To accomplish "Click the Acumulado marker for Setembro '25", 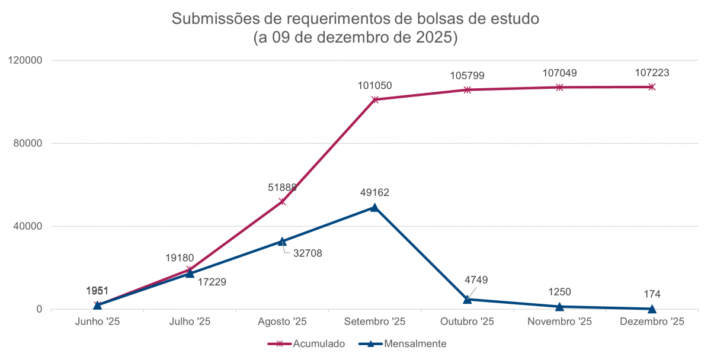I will [x=374, y=99].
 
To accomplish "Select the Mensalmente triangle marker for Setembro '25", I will [x=374, y=207].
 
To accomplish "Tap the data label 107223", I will [x=652, y=73].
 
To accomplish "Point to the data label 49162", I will [x=374, y=192].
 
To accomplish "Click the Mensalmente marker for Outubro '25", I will [x=467, y=300].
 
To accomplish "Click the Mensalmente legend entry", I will [x=408, y=343].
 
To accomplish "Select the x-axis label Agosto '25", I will [x=282, y=322].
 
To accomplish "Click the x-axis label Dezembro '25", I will [x=652, y=322].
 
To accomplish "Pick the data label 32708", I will [x=308, y=253].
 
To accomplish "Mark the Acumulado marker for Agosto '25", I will [x=282, y=201].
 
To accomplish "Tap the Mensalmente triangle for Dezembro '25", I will [x=652, y=308].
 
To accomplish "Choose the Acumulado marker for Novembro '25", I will [x=559, y=87].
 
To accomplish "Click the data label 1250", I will [x=560, y=292].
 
